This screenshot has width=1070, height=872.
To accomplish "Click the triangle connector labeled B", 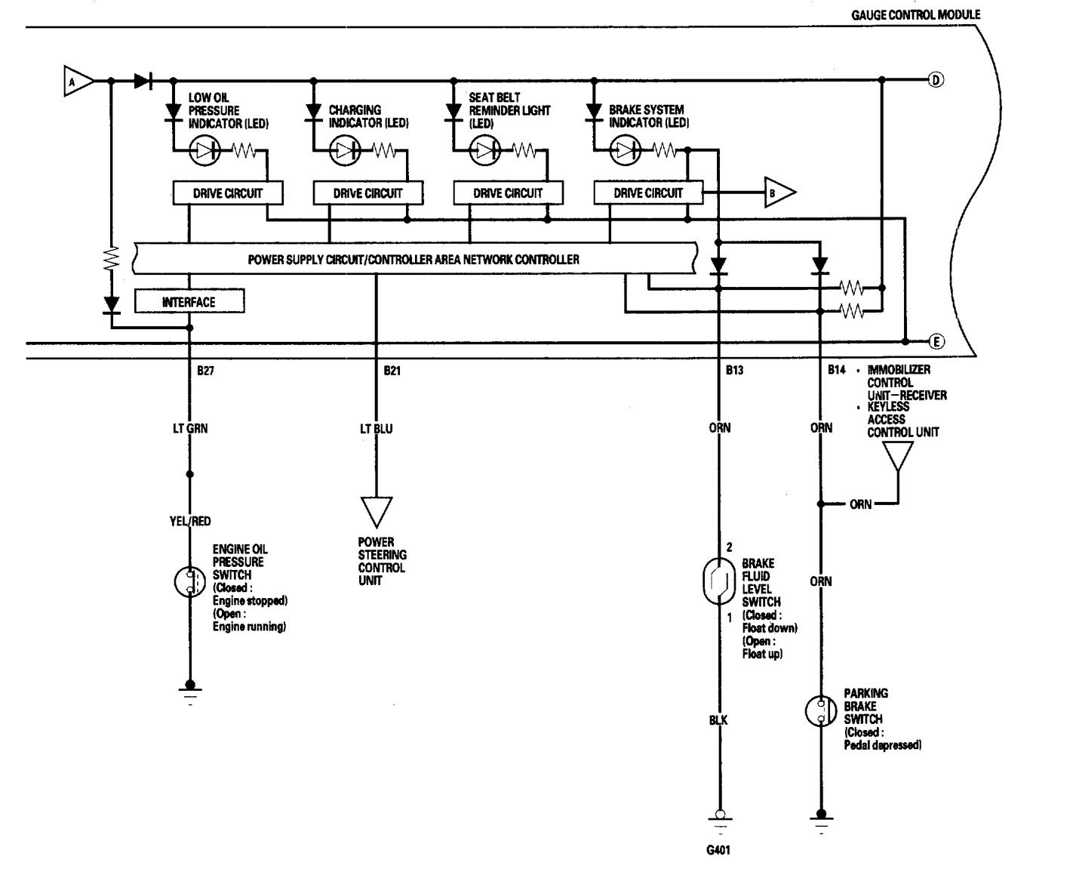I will (778, 193).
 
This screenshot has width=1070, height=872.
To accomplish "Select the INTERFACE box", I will (189, 302).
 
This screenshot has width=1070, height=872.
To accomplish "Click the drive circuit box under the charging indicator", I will (367, 193).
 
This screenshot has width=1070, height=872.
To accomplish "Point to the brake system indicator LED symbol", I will (625, 151).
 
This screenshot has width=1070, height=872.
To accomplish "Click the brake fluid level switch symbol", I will (718, 581).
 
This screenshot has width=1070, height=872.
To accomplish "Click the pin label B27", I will (204, 371).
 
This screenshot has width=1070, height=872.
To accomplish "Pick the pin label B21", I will (392, 371).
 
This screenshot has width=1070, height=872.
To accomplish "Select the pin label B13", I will (734, 371).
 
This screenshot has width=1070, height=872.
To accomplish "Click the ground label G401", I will (718, 850).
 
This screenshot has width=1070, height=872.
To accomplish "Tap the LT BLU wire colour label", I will (376, 429).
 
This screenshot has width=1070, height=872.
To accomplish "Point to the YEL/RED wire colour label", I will (189, 521).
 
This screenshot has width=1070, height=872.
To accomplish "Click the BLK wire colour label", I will (718, 720).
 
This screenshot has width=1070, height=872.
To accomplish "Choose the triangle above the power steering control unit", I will (376, 511).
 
